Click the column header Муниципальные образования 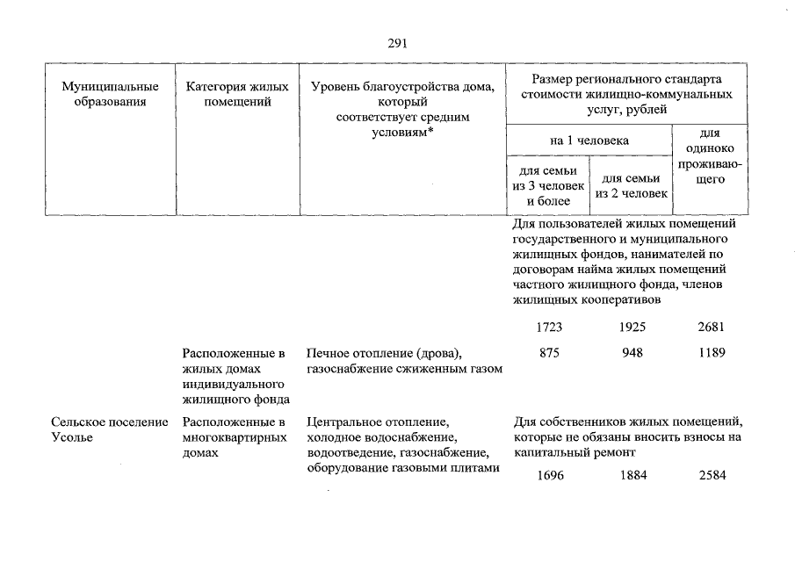click(110, 94)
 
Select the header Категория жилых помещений click(237, 94)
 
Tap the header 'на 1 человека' click(589, 140)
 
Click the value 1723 click(549, 327)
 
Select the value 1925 click(631, 327)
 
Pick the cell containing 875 click(549, 353)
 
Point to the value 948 click(631, 353)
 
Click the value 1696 click(549, 476)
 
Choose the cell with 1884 click(631, 476)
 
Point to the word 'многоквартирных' click(229, 437)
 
